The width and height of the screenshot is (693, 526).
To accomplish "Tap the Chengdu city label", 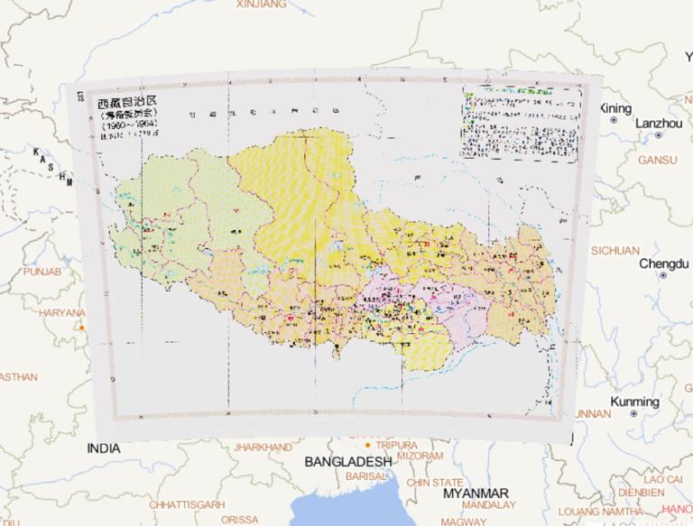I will (x=663, y=263).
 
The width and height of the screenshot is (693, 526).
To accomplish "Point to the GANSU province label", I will (x=657, y=160).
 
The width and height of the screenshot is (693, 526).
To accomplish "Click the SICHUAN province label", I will (x=615, y=250).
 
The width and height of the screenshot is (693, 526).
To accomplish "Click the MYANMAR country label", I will (x=476, y=493).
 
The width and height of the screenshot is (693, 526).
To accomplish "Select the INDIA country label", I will (x=104, y=448).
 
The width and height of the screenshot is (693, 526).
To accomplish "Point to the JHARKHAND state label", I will (x=263, y=447).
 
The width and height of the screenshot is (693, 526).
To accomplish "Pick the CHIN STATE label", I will (x=435, y=483).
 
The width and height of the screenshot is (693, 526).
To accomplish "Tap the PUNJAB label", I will (x=42, y=271).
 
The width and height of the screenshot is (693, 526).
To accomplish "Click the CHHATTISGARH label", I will (x=187, y=503).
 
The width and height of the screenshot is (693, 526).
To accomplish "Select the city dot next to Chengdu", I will (x=662, y=274).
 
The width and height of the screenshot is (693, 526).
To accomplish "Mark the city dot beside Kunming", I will (x=633, y=412).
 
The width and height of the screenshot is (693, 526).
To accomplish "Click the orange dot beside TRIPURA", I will (x=368, y=446).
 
